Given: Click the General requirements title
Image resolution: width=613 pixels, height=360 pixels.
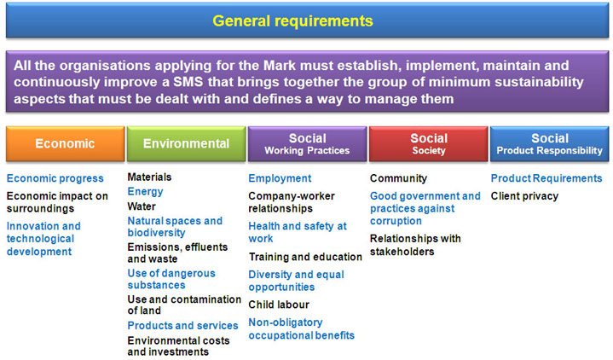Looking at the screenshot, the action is tap(292, 21).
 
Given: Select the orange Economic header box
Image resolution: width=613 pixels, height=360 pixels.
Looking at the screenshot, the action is tap(66, 143).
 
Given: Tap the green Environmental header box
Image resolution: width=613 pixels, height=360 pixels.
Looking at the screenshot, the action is tap(186, 143).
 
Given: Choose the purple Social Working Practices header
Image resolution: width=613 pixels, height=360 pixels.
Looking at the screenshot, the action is tap(307, 143).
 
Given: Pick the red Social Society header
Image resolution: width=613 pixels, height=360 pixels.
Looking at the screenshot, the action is tap(429, 143).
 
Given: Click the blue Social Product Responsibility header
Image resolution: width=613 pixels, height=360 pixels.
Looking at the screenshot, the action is tap(549, 143).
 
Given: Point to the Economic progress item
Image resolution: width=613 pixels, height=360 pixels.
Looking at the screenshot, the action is tap(55, 178).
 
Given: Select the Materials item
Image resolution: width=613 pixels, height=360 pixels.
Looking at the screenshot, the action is tap(149, 177).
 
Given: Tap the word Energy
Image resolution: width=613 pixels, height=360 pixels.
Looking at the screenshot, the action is tap(145, 192).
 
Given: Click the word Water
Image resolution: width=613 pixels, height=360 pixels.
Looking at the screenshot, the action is tap(142, 206).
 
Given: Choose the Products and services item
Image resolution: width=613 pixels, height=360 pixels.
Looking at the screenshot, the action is tap(182, 326).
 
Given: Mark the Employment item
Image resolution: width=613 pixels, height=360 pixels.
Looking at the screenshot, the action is tap(280, 178).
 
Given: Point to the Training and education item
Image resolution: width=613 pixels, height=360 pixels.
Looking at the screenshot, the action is tap(305, 257).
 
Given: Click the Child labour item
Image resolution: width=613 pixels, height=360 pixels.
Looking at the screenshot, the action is tap(279, 305).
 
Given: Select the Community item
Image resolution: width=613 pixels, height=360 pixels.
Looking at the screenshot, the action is tap(398, 178).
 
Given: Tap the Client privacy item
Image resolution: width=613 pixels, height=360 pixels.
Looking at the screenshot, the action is tap(524, 196).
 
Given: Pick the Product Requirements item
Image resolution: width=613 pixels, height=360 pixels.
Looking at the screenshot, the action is tap(546, 178).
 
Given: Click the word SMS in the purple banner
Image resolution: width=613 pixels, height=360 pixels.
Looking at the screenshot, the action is tap(188, 82).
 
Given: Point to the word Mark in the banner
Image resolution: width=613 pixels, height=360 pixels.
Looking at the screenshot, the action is tap(280, 66).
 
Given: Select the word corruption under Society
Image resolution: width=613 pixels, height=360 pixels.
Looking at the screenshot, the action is tap(396, 221).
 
